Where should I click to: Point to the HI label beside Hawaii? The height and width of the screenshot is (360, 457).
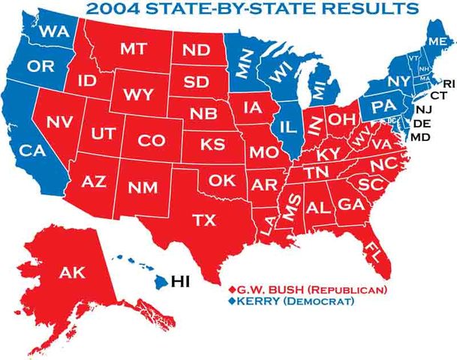coord(182,282)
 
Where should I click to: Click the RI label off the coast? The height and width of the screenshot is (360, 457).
coord(449,83)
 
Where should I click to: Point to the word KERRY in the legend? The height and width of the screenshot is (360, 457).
coord(257,301)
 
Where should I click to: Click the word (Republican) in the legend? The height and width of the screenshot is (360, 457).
coord(347,289)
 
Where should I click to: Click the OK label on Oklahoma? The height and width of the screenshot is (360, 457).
coord(222,181)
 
